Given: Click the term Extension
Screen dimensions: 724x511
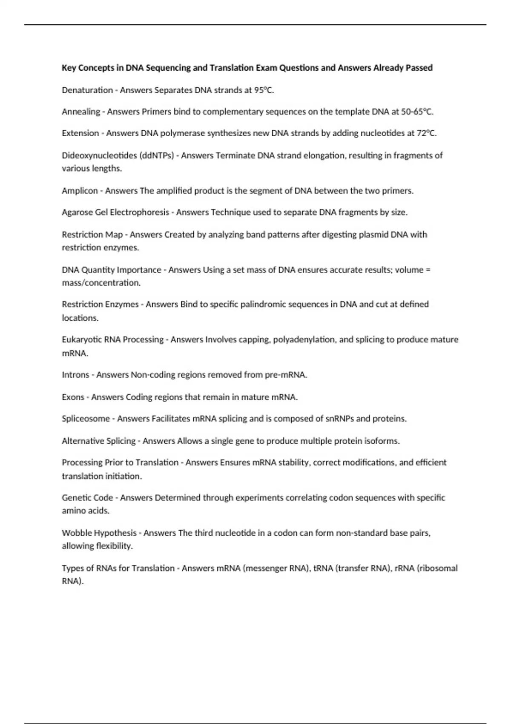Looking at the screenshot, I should (x=80, y=133).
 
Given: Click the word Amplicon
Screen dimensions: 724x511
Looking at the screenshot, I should (x=80, y=191).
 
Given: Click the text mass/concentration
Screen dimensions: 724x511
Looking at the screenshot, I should (x=101, y=283).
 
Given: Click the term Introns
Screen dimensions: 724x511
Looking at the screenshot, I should (x=75, y=375).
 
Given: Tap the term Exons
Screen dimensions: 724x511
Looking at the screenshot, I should (x=73, y=397).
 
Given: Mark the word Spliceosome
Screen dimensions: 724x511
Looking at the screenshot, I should (x=86, y=419).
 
